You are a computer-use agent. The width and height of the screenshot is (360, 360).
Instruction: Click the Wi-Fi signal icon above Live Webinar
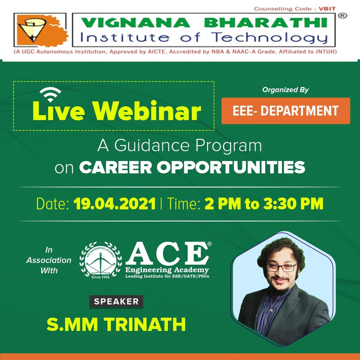point(50,95)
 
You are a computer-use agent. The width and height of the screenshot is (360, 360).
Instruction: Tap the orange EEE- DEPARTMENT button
point(286,111)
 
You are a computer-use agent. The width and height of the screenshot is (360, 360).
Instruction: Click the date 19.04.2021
point(114,204)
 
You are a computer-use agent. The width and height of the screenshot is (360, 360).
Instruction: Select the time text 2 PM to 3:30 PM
point(264,204)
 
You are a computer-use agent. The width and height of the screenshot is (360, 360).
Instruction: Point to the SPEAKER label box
point(116,301)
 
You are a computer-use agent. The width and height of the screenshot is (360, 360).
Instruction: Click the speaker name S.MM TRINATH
point(116,324)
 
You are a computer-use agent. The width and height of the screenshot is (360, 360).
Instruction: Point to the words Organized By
point(285,90)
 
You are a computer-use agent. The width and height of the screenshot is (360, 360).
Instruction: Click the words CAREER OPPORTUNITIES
point(192,167)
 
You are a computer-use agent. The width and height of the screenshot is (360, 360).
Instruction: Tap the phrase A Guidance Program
point(179,146)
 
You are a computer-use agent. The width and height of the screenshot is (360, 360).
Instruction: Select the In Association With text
point(49,260)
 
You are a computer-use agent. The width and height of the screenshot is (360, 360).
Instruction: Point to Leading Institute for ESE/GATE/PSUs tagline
point(167,276)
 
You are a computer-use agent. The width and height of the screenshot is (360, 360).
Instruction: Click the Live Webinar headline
point(116,112)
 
